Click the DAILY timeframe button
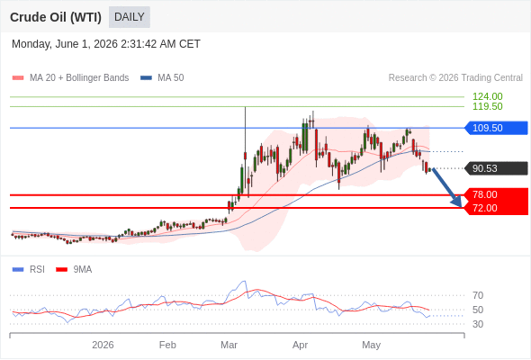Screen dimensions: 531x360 (130, 17)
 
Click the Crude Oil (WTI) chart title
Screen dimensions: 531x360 (56, 17)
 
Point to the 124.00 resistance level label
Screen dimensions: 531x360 (487, 96)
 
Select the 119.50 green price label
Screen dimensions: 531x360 (487, 106)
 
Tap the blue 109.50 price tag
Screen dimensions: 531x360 (496, 128)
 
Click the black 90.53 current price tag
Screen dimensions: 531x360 (496, 168)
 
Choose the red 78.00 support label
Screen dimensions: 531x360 (496, 194)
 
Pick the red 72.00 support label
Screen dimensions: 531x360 (496, 208)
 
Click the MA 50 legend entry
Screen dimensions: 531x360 (162, 78)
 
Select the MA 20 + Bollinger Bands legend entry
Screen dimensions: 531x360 (70, 78)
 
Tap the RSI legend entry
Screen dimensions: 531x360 (29, 270)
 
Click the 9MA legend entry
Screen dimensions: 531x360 (74, 270)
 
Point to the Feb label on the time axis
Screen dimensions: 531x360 (167, 345)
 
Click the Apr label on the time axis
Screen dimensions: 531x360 (300, 345)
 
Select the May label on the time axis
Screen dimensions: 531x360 (371, 345)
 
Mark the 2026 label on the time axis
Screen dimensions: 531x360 (103, 345)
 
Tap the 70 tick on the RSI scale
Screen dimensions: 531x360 (478, 295)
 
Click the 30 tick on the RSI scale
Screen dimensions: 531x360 (478, 324)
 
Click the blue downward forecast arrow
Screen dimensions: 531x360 (446, 187)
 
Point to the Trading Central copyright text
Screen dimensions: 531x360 (455, 78)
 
